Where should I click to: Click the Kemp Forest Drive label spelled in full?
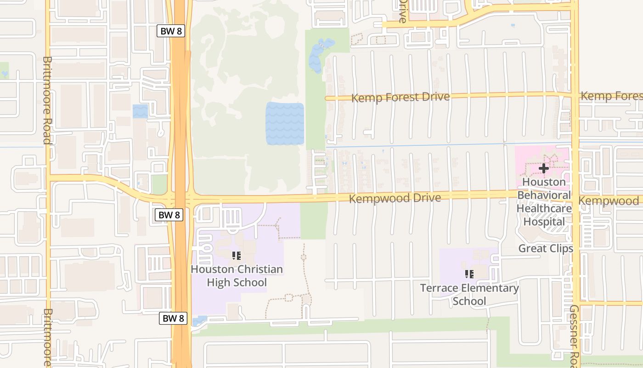[x=400, y=98]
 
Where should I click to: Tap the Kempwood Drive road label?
[x=395, y=198]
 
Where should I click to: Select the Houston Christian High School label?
[x=237, y=276]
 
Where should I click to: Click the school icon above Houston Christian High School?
[x=237, y=256]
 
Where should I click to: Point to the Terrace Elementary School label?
[x=469, y=294]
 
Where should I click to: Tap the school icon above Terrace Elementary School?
[x=469, y=274]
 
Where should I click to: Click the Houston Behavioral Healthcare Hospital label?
[x=544, y=202]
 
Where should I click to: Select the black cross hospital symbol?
[x=544, y=168]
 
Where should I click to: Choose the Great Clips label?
[x=546, y=248]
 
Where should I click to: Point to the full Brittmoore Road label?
[x=46, y=100]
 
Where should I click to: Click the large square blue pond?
[x=285, y=123]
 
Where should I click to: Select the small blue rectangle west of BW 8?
[x=140, y=111]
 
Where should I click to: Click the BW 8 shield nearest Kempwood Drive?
[x=169, y=214]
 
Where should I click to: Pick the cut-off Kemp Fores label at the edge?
[x=611, y=96]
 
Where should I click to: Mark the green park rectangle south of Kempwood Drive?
[x=314, y=221]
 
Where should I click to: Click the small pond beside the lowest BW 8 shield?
[x=199, y=321]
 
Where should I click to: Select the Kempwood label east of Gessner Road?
[x=609, y=201]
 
